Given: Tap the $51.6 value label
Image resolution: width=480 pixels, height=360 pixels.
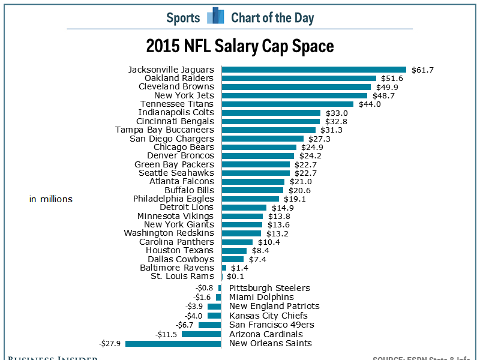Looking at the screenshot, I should tap(391, 78).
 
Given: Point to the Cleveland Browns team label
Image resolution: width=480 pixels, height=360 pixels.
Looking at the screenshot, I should tap(176, 86).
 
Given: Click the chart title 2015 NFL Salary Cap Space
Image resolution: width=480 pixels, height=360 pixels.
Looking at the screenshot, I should tap(240, 46).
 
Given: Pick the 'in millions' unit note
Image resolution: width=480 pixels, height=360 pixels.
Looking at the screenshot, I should tap(51, 199).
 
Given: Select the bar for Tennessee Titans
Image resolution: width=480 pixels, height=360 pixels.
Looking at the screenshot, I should tap(287, 104).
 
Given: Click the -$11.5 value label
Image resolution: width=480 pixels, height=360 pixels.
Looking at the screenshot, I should tap(166, 334).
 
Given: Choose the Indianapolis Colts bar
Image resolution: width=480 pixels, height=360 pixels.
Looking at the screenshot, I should tap(271, 112).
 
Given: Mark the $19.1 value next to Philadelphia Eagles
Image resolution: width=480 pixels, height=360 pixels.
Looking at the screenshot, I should tap(294, 199).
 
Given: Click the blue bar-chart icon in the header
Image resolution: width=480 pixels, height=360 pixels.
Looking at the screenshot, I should tap(215, 16).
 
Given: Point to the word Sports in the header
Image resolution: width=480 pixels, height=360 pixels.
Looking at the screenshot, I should tap(183, 17).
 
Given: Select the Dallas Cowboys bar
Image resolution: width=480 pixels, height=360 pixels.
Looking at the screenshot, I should tap(233, 259).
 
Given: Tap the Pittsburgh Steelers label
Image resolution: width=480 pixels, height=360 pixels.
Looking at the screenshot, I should tap(269, 288).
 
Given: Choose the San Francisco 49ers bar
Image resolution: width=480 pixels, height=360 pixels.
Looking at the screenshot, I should tap(209, 325).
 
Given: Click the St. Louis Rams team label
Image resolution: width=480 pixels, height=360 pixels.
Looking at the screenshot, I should tap(182, 276).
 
